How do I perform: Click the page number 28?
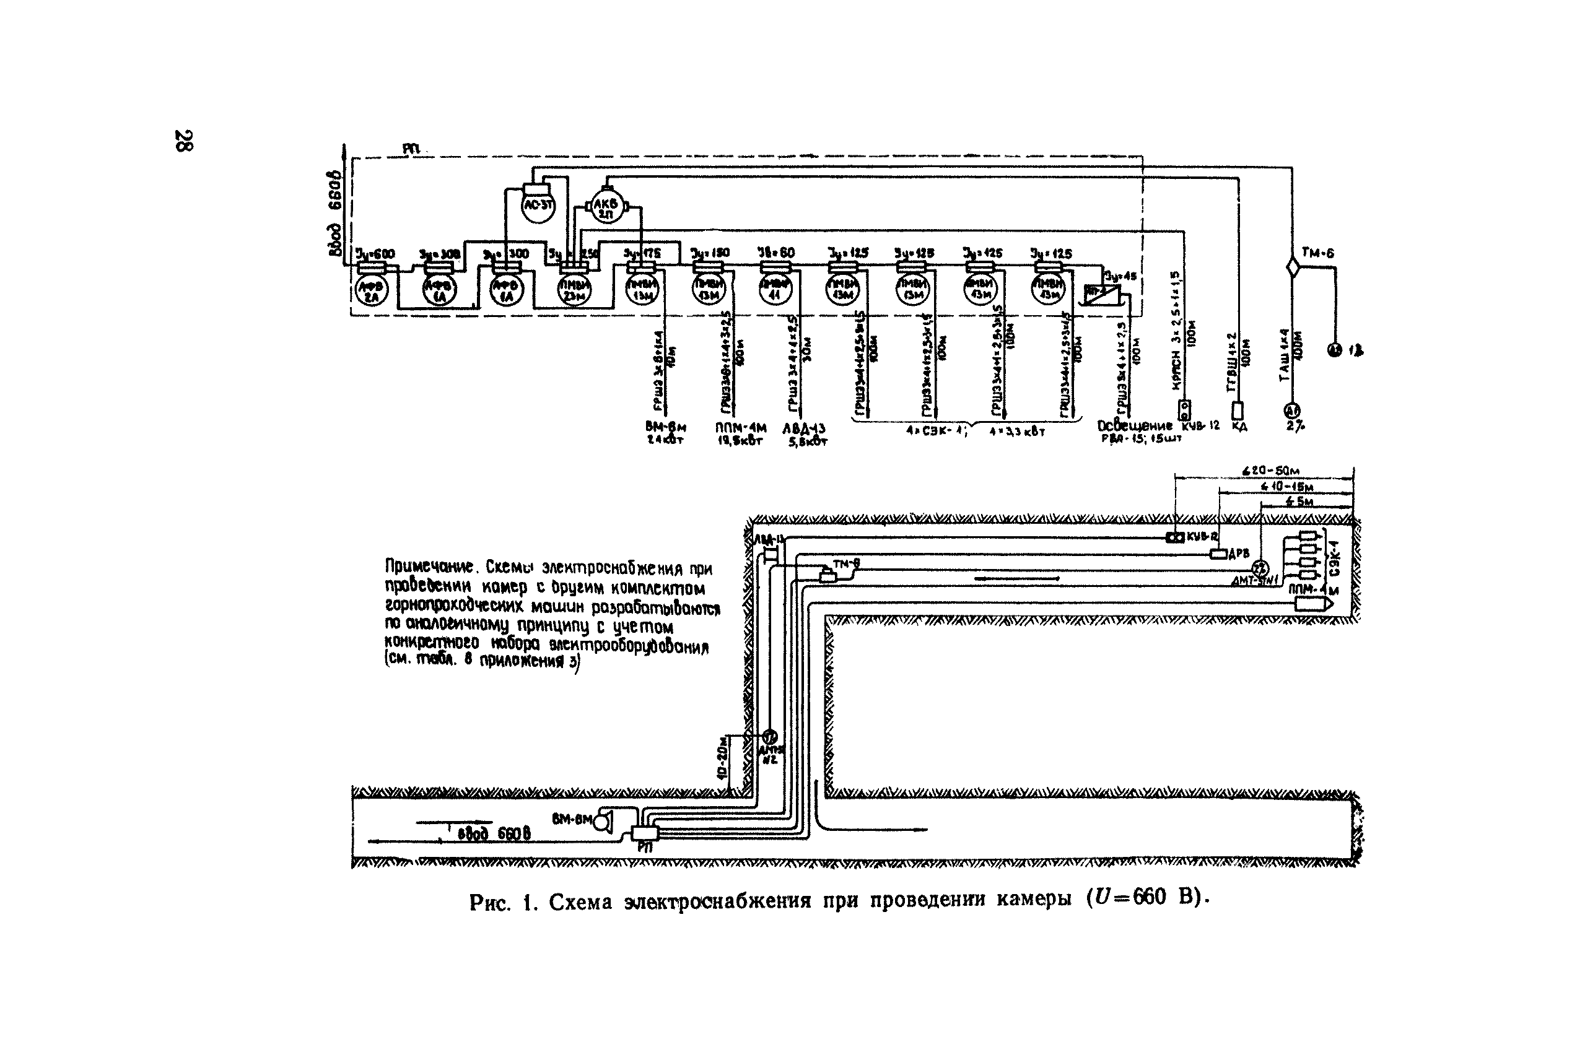coord(183,140)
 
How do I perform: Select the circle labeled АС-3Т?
coord(538,204)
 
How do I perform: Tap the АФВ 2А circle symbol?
coord(372,290)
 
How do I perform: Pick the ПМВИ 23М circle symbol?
coord(574,290)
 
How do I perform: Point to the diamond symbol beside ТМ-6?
coord(1292,267)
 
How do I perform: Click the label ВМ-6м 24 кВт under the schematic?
coord(665,433)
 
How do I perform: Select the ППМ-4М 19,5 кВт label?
coord(740,433)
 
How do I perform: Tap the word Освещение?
coord(1135,426)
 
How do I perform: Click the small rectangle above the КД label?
coord(1238,411)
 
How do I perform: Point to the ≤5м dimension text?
coord(1299,502)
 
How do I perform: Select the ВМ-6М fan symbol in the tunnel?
coord(604,822)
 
